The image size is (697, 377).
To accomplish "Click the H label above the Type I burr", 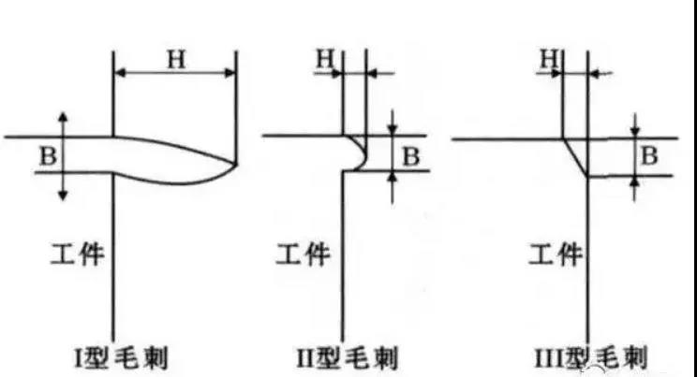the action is (176, 60).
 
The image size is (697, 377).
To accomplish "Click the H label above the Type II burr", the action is (325, 59).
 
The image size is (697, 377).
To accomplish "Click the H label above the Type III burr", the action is (549, 59).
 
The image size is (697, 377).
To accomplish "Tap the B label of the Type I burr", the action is (49, 156).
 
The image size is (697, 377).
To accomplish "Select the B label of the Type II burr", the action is (410, 156).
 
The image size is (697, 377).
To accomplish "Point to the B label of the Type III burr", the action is (649, 156).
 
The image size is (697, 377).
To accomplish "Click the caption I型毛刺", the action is (122, 358).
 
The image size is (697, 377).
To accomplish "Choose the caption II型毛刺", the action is (348, 358).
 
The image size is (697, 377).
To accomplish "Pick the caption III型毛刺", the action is (591, 358).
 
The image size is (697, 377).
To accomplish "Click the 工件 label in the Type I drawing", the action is (78, 254).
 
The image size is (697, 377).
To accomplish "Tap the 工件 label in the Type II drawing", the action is (304, 254).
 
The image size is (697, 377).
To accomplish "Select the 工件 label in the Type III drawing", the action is (556, 254).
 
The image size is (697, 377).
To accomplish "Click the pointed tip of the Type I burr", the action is (235, 164).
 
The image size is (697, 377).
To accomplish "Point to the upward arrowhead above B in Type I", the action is (63, 117).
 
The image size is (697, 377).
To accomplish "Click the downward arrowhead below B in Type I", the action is (63, 195).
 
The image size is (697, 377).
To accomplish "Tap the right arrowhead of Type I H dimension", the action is (230, 72).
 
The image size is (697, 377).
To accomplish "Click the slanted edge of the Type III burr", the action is (575, 158).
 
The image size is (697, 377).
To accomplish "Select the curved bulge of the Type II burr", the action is (363, 154).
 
